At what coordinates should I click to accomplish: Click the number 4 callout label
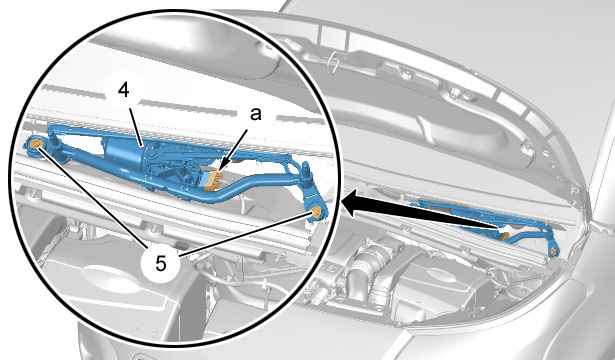(x=124, y=91)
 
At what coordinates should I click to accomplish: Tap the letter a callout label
(x=255, y=115)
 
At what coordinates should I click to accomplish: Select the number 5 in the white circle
(x=161, y=263)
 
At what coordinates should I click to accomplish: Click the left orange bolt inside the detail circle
(x=36, y=144)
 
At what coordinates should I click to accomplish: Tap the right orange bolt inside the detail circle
(x=316, y=213)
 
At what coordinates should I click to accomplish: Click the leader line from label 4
(x=135, y=122)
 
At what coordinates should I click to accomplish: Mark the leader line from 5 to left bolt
(x=93, y=196)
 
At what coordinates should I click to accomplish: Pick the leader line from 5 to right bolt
(x=247, y=235)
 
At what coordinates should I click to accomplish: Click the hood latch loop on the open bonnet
(x=334, y=61)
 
